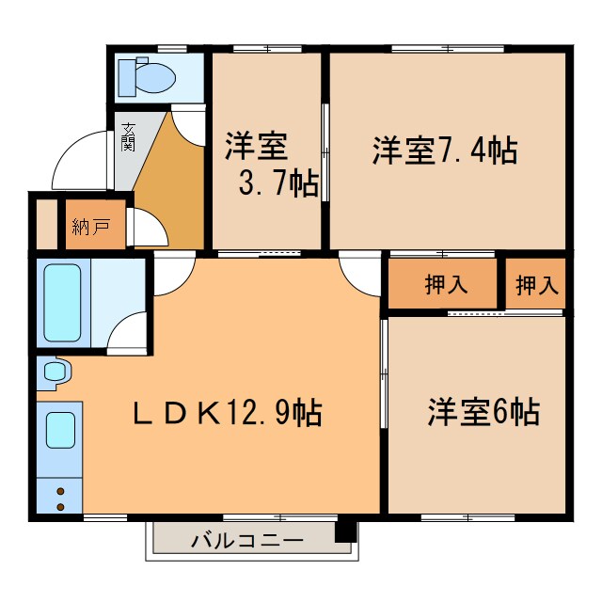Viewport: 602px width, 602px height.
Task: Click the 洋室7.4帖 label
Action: tap(445, 150)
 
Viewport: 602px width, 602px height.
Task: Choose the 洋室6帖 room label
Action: tap(483, 412)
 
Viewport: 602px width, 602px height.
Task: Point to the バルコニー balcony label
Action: tap(246, 542)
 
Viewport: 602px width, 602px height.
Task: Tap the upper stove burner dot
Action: tap(61, 491)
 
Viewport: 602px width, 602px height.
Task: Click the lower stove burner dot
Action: tap(61, 507)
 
